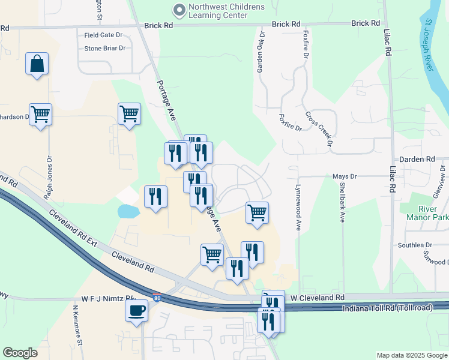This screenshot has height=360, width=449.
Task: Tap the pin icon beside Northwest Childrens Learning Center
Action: pos(179,10)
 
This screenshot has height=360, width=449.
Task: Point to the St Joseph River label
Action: pos(429,44)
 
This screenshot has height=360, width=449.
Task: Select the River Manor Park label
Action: pos(427,213)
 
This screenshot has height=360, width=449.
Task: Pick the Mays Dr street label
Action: pos(345,176)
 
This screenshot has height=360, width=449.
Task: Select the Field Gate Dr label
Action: pos(103,35)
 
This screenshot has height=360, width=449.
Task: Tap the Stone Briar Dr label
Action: pos(104,48)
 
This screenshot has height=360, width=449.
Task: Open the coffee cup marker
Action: pos(136,311)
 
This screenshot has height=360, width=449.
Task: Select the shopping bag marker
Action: pos(37,64)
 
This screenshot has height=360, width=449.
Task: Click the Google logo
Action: pos(20,353)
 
